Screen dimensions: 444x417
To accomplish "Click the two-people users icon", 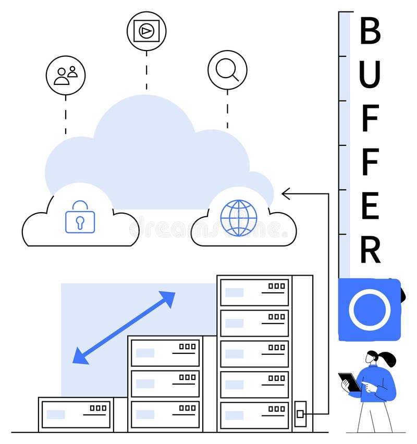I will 66,76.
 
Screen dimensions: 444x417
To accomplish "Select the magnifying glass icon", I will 227,70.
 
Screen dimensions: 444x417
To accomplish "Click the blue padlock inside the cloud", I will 80,218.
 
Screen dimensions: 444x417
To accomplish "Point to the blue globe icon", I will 239,218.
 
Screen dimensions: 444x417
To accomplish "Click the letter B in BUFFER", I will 370,31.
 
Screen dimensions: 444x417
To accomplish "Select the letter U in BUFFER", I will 370,75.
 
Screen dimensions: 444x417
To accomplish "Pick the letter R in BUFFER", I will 370,250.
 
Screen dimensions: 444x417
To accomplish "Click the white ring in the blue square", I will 370,310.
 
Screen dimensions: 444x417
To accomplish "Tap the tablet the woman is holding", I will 350,382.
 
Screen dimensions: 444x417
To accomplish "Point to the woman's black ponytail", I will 387,359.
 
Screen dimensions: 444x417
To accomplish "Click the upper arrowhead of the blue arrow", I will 167,299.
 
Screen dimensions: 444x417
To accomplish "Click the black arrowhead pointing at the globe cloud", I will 286,194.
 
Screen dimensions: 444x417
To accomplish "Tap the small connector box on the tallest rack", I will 300,414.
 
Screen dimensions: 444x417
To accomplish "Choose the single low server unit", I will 76,414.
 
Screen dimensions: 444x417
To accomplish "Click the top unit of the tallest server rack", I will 254,292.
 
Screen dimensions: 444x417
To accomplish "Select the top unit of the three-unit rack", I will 165,353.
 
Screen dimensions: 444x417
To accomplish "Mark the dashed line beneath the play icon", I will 146,70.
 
